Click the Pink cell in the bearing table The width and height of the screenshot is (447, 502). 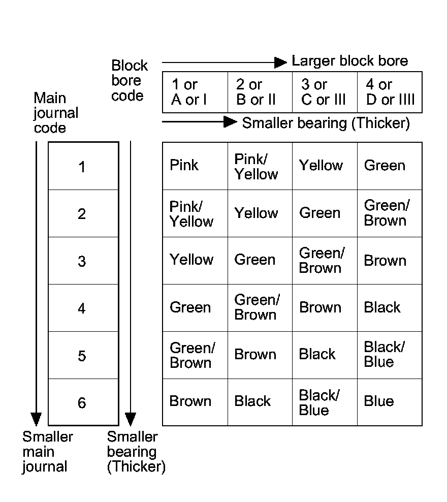point(195,166)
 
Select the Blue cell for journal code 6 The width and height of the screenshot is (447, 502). point(389,402)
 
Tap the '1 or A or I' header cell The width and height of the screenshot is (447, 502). point(195,92)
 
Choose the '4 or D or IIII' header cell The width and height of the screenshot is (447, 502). point(390,92)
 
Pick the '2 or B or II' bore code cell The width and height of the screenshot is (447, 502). point(260,92)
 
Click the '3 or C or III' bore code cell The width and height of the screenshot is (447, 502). point(325,92)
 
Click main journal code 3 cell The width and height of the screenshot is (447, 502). point(83,261)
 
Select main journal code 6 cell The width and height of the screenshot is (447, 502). point(83,402)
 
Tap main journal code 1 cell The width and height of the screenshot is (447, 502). point(83,166)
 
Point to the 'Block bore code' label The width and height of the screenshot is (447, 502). point(129,80)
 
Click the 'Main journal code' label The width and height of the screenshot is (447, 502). point(55,113)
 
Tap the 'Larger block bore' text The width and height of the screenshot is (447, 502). point(349,61)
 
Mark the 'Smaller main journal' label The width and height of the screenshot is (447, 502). point(47,452)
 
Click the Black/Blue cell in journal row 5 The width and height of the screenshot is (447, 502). point(389,355)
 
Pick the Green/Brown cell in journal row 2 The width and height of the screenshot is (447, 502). point(389,213)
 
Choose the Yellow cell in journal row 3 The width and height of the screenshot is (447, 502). point(195,260)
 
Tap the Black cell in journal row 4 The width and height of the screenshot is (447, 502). point(389,307)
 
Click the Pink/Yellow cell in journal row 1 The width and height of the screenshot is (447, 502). point(260,166)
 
